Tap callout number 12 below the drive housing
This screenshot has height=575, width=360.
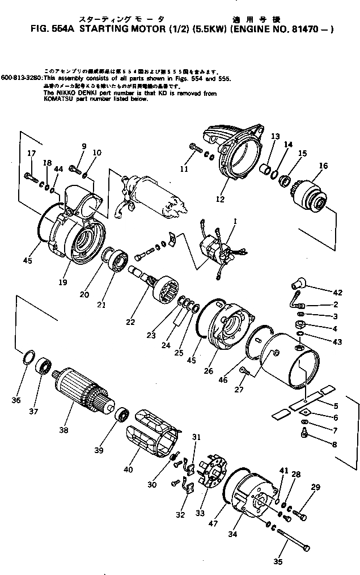220,198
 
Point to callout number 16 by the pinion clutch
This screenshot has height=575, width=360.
323,166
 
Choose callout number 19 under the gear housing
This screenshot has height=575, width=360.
63,281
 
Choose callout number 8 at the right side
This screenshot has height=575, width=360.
333,445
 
